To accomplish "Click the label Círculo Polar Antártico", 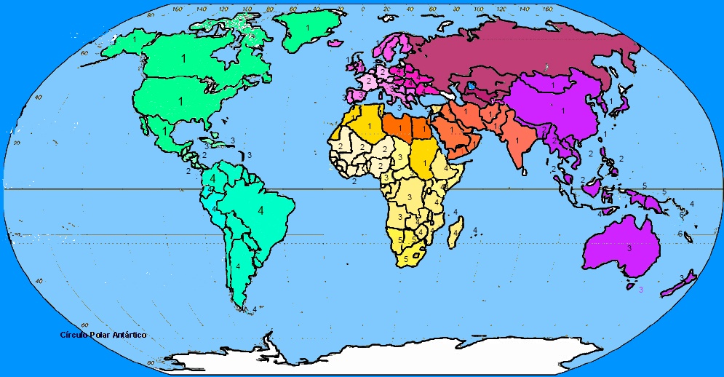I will point(104,335).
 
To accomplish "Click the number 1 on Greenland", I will point(308,28).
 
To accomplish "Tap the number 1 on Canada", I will point(183,57).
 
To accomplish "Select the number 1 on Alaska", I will point(134,39).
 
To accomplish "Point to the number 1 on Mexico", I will point(166,129).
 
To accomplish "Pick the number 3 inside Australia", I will point(629,248).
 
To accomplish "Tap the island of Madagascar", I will point(456,234).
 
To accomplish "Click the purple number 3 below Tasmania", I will point(641,290).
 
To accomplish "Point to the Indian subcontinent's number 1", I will point(517,140).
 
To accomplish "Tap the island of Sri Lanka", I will point(523,172).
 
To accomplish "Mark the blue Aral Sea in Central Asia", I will point(473,85).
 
